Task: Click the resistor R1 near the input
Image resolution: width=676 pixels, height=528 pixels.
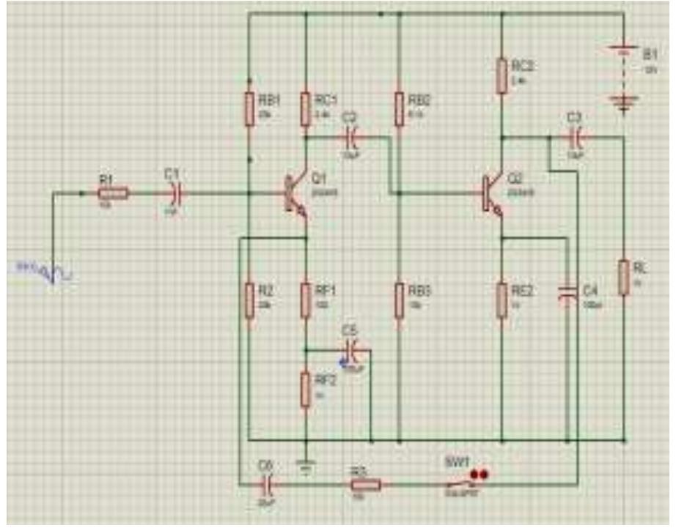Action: point(113,193)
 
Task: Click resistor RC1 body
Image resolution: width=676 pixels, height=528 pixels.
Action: point(306,109)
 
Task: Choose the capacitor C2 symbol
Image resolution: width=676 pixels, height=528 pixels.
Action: point(351,136)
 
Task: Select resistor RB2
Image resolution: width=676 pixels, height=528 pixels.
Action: point(400,109)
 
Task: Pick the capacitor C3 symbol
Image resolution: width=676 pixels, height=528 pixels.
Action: point(576,136)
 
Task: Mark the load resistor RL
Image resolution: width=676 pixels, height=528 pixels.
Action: point(623,278)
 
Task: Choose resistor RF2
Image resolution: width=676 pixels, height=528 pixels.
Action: point(306,388)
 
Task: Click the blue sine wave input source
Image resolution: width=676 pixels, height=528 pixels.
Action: point(53,274)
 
